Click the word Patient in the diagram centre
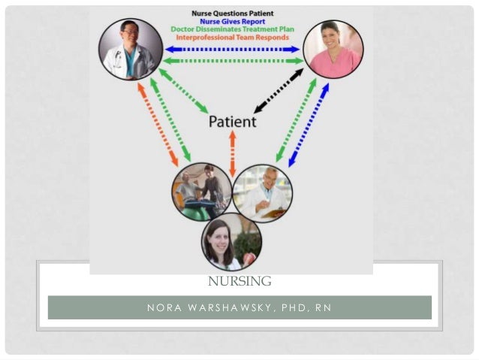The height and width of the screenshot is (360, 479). [231, 121]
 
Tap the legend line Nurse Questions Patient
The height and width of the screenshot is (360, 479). [231, 13]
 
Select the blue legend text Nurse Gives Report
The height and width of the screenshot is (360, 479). [231, 21]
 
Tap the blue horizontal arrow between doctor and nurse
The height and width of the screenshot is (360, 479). [233, 49]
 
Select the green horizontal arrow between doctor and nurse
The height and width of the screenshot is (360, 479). [233, 61]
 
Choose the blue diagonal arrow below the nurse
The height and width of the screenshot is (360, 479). [309, 124]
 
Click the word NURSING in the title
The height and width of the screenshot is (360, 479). [239, 282]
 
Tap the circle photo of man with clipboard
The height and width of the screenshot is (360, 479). [263, 194]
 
